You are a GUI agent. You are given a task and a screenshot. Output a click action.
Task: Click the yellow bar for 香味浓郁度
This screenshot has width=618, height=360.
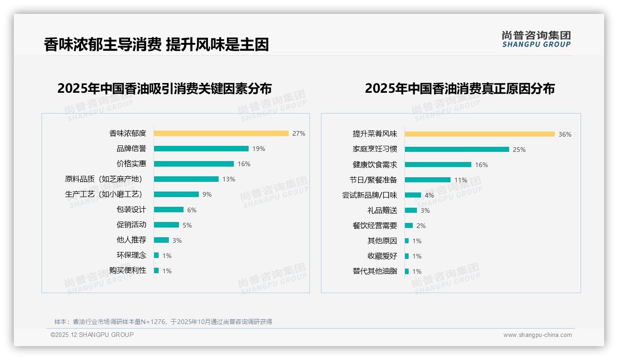click(221, 133)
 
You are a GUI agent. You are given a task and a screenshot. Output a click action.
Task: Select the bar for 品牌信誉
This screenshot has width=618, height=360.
click(201, 149)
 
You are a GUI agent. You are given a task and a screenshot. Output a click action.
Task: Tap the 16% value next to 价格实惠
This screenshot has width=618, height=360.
click(244, 164)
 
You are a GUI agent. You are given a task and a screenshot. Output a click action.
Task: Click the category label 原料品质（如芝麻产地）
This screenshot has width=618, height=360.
click(104, 179)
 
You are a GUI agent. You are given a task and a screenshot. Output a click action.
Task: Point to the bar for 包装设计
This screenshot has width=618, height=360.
click(169, 210)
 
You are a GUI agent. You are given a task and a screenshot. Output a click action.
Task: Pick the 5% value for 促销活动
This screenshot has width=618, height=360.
click(187, 225)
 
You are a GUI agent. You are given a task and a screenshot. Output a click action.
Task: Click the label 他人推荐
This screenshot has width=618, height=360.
click(131, 240)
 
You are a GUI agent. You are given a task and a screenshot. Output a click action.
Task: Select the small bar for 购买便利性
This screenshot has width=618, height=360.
click(156, 270)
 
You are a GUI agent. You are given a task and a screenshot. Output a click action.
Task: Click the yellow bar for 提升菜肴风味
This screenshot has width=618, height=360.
click(480, 134)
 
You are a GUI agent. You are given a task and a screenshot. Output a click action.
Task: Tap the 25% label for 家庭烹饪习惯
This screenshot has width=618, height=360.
click(519, 150)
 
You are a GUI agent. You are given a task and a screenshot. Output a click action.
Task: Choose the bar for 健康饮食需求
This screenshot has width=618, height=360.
click(438, 165)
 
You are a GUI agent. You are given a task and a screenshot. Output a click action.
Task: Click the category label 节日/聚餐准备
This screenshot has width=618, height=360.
click(373, 180)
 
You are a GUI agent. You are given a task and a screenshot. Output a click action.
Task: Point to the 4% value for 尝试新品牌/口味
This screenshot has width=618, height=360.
click(429, 195)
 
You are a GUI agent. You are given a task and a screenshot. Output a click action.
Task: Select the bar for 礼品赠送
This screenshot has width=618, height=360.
click(411, 210)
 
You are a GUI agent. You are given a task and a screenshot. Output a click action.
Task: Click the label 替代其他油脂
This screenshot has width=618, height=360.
click(374, 271)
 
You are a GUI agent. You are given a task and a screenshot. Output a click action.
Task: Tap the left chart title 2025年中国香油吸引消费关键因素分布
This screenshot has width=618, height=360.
click(164, 88)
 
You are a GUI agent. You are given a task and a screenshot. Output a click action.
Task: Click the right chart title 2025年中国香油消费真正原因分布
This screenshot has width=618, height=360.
click(459, 88)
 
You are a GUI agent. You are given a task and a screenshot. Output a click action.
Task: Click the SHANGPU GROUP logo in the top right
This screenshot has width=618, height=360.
click(536, 39)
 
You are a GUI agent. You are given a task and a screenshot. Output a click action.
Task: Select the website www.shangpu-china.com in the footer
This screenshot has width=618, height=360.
click(537, 335)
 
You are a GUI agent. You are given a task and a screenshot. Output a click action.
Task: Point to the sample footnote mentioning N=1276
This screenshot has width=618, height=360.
click(163, 322)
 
